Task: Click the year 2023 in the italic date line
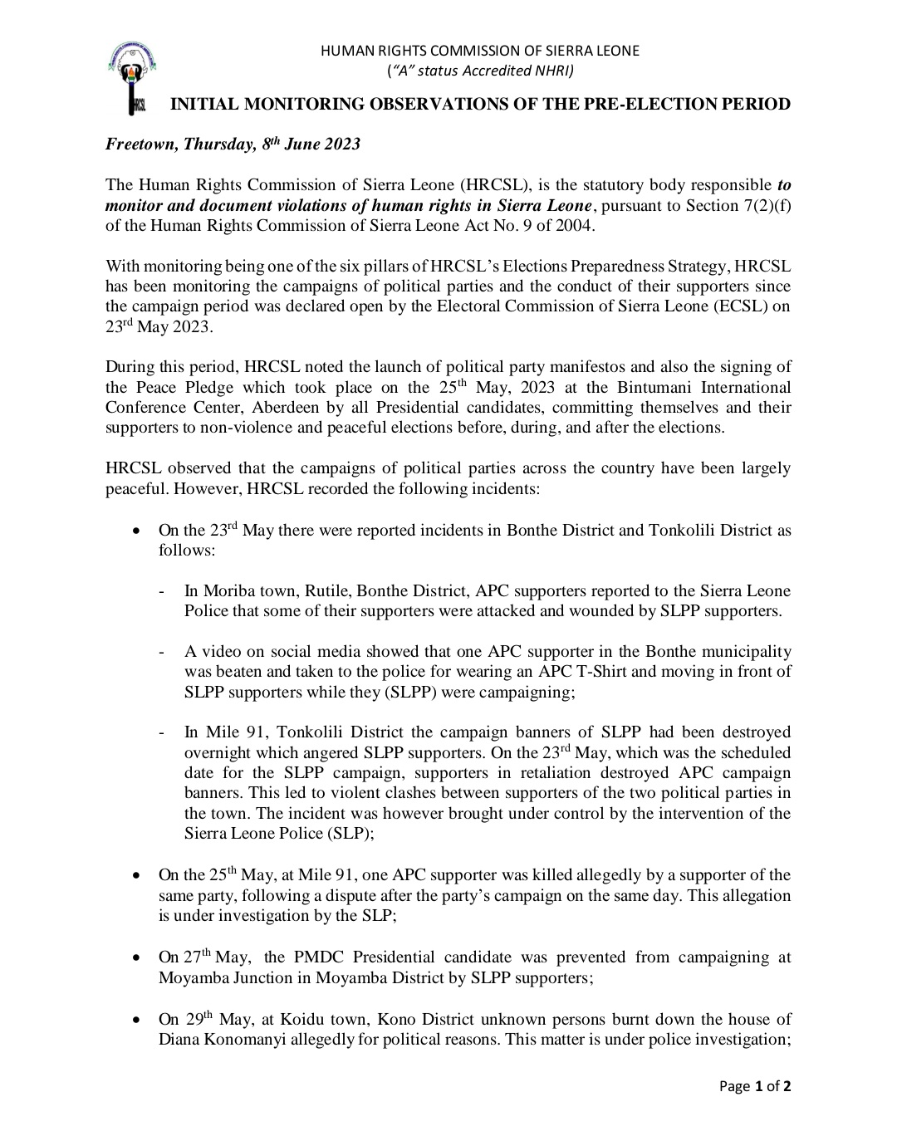pyautogui.click(x=341, y=144)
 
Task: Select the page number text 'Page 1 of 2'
pyautogui.click(x=755, y=1086)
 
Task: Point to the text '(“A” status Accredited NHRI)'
pyautogui.click(x=480, y=71)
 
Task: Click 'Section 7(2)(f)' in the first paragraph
pyautogui.click(x=738, y=205)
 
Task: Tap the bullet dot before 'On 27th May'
pyautogui.click(x=136, y=958)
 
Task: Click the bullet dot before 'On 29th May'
pyautogui.click(x=136, y=1020)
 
